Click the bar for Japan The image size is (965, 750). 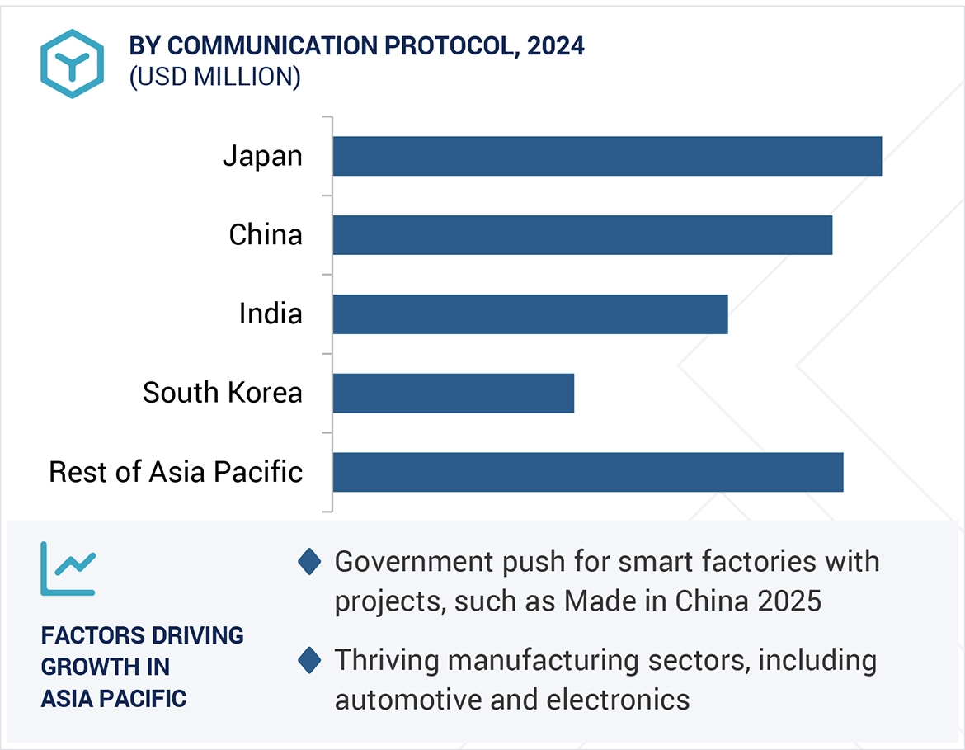tap(607, 156)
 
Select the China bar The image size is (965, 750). tap(582, 235)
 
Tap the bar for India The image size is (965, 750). tap(530, 314)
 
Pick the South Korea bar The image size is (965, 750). tap(453, 393)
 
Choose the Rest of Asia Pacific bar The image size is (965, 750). tap(587, 472)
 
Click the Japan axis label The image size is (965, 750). tap(262, 156)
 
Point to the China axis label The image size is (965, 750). tap(266, 235)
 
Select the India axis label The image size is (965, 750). tap(271, 314)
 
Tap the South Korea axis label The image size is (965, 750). tap(222, 393)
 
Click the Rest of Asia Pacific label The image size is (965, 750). tap(176, 472)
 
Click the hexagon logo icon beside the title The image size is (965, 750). tap(72, 64)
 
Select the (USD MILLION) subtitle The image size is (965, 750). tap(214, 77)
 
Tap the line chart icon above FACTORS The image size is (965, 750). tap(68, 568)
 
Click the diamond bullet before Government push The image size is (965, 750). tap(309, 563)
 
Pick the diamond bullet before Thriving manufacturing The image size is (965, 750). tap(309, 660)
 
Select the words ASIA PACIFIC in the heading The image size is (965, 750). tap(114, 698)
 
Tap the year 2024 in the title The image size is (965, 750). tap(556, 46)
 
